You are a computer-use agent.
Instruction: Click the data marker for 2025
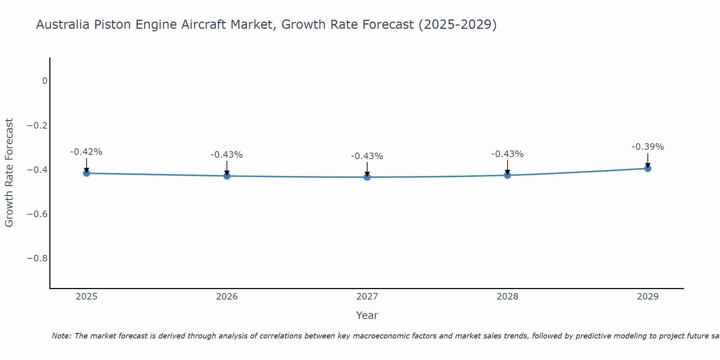pos(86,173)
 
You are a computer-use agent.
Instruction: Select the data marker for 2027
pos(367,177)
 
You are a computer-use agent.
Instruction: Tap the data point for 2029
pos(648,168)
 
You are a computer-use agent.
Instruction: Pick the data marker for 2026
pos(227,176)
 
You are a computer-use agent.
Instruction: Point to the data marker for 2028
pos(508,175)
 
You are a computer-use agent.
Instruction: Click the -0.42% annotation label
pos(86,152)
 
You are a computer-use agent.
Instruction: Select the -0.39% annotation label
pos(648,147)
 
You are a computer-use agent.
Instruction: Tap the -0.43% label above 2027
pos(367,156)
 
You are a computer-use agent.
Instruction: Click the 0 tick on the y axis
pos(45,81)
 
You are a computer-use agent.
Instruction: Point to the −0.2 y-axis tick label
pos(37,125)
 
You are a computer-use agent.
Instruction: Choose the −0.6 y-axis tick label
pos(37,214)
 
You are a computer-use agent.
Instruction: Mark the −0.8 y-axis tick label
pos(37,258)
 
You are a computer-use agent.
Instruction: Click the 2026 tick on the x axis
pos(227,297)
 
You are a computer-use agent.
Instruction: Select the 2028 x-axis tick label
pos(508,297)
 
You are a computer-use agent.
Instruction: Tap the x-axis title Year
pos(367,315)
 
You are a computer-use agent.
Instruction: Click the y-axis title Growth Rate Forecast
pos(9,173)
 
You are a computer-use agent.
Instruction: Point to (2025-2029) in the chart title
pos(458,25)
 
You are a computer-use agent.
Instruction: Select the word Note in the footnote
pos(61,336)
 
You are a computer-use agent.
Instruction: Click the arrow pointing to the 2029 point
pos(648,160)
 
